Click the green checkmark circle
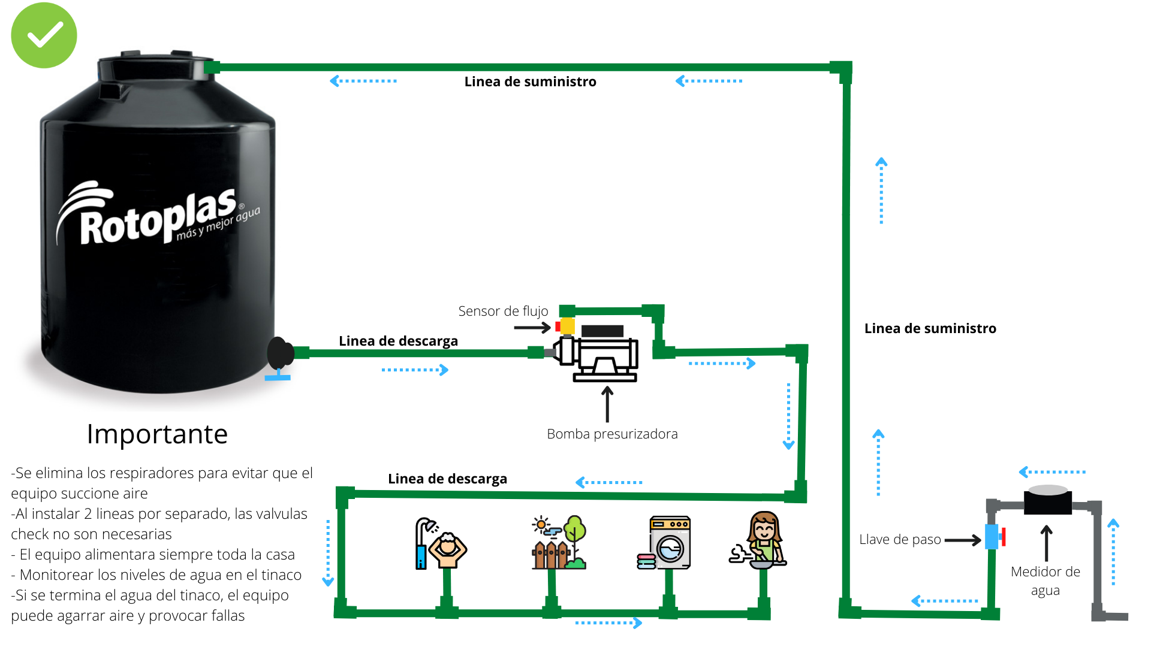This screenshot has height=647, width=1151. tap(44, 35)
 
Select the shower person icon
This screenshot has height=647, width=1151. tap(440, 543)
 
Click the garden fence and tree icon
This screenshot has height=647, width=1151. tap(559, 543)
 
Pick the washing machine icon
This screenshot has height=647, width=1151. tap(665, 543)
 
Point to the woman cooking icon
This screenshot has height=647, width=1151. tap(759, 540)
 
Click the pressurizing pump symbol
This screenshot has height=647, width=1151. tap(599, 355)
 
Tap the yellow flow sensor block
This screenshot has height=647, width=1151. tap(567, 326)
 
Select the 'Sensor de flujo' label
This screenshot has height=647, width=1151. tap(503, 311)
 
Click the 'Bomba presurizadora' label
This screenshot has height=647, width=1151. tap(612, 434)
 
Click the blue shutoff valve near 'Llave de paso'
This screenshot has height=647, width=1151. tap(992, 537)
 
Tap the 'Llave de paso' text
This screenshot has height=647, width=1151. tap(900, 539)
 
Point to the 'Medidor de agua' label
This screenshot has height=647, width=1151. tap(1045, 581)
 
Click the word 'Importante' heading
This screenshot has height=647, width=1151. tap(157, 434)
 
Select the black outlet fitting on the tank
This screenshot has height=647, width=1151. tap(279, 353)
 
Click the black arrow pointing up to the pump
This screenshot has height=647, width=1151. tap(607, 404)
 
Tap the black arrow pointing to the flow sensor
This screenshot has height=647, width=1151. tap(532, 327)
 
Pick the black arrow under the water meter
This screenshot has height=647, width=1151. tap(1046, 543)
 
